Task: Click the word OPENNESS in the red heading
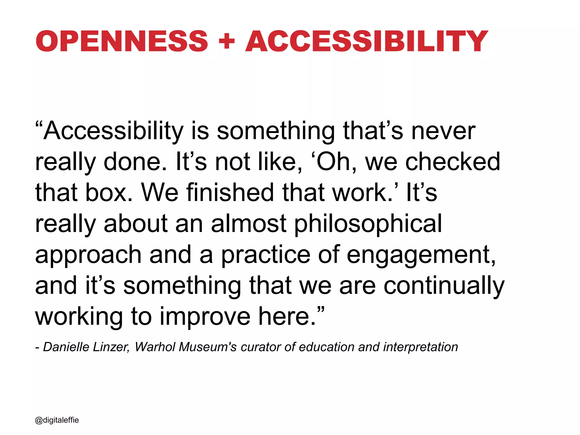click(122, 41)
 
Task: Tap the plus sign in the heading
click(227, 42)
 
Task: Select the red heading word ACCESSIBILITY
click(367, 41)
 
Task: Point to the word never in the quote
click(443, 131)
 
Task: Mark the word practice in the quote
click(265, 255)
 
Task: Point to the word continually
click(444, 286)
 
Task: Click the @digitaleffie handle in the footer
click(57, 420)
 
